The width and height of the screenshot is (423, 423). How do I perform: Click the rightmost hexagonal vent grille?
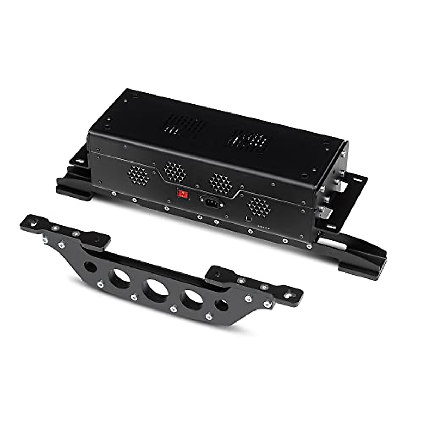coord(259,207)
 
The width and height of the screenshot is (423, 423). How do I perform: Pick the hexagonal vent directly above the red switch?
coord(175,171)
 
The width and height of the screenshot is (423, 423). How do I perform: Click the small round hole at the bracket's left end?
coord(90,267)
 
